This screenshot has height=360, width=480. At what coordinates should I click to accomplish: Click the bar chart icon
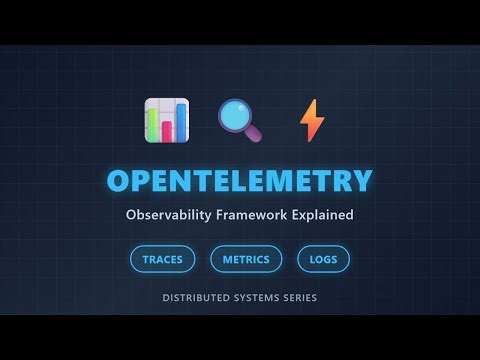pos(166,120)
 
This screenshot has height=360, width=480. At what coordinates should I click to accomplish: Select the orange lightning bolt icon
pos(312,120)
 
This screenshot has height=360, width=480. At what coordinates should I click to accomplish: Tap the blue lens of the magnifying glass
pos(235,115)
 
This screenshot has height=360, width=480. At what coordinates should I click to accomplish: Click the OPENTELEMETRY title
pos(240,181)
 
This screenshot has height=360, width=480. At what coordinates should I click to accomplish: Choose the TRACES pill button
pos(162,259)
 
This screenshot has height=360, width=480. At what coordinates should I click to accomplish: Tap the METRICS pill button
pos(246,259)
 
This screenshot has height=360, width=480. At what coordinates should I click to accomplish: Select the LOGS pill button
pos(323,259)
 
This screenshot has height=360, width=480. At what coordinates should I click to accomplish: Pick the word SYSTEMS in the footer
pos(261,298)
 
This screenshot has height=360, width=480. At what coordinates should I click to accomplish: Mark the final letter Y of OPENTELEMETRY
pos(360,181)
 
